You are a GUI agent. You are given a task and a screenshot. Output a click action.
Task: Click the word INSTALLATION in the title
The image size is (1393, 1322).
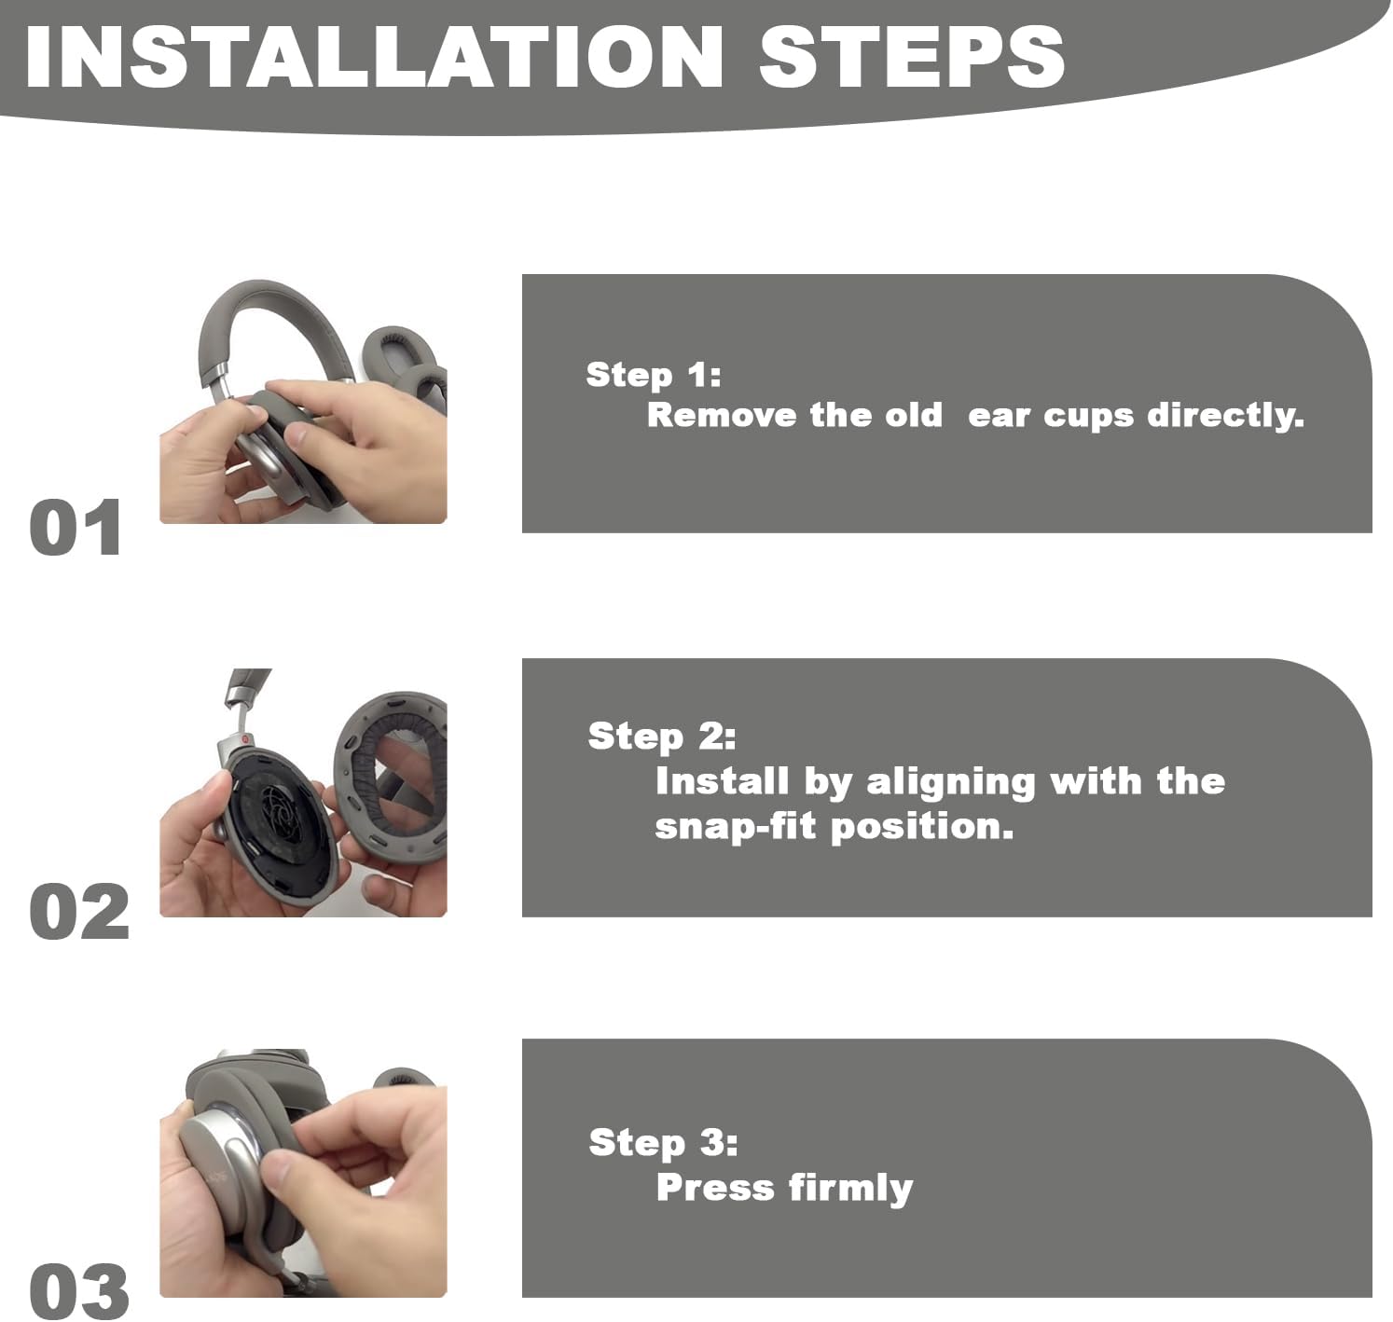[x=374, y=56]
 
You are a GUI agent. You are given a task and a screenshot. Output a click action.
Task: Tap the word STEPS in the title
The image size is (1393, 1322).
[x=912, y=56]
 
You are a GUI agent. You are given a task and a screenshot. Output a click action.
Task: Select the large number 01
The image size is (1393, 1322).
[x=76, y=527]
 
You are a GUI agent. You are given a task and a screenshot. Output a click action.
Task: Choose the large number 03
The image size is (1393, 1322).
[x=79, y=1291]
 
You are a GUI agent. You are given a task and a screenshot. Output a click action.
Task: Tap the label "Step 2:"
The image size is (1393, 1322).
[x=662, y=737]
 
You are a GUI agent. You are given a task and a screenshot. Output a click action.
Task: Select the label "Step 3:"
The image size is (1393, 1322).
[x=663, y=1142]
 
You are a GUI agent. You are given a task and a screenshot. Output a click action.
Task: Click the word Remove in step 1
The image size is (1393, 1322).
[x=722, y=415]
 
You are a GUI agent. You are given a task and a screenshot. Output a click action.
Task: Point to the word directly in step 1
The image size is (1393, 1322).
[x=1226, y=416]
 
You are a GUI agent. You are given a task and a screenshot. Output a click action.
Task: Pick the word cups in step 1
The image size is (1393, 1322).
[x=1089, y=418]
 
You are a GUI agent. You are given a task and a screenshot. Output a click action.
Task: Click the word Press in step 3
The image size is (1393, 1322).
[x=716, y=1188]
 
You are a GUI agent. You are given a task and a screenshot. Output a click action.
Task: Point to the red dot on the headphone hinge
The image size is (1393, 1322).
[x=243, y=738]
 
